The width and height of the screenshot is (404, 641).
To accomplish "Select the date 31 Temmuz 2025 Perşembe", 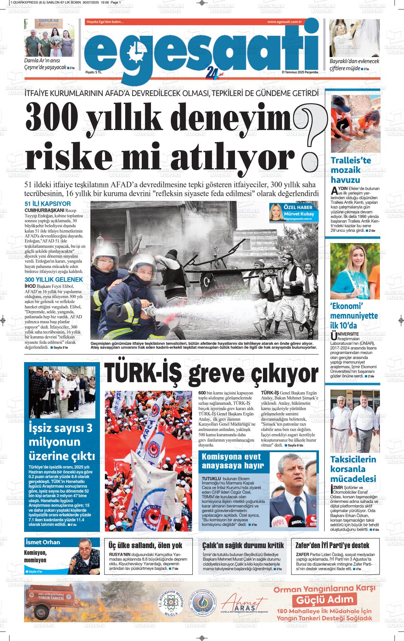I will pos(300,72).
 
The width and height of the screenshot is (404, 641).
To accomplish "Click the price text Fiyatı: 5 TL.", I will pos(94,72).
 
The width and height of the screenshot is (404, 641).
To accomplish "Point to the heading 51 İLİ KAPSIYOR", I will pos(47,204).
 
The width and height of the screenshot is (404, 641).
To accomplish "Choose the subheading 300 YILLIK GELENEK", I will pos(54,280).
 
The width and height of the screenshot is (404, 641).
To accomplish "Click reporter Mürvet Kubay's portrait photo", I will pos(276,212).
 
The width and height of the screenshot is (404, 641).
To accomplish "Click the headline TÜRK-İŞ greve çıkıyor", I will pos(211,372).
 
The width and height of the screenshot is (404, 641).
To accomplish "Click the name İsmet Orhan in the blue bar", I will pos(43,542).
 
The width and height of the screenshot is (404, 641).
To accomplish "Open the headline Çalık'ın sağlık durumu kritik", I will pos(243,545).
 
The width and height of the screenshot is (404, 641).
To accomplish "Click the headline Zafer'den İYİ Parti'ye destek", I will pos(332,545).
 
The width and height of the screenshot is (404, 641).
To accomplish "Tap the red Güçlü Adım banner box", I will pos(325,600).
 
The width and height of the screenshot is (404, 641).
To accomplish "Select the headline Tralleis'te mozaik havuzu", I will pos(351,170).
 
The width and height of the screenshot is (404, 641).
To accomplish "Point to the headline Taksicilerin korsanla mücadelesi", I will pos(353,469).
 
